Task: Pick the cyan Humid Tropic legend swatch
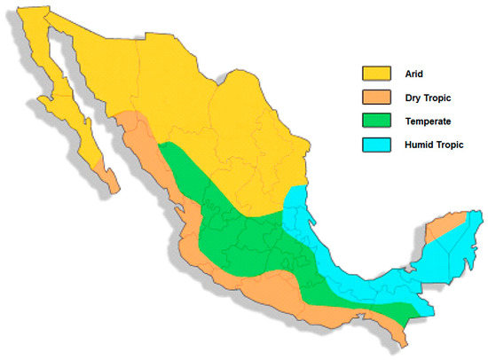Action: click(376, 145)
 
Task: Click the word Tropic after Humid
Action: click(450, 145)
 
